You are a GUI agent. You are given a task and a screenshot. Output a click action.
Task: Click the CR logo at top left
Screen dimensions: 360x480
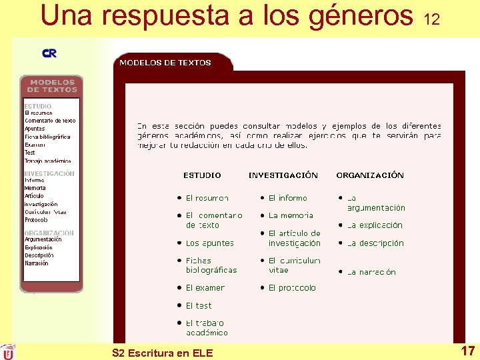[49, 53]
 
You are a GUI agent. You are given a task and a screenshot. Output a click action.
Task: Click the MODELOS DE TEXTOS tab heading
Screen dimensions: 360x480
[165, 63]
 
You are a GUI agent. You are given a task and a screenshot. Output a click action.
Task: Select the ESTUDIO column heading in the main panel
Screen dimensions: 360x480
[202, 175]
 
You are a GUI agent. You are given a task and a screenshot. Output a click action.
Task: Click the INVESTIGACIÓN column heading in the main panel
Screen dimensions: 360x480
[283, 175]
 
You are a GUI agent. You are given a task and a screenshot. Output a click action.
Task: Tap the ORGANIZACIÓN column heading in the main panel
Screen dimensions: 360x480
[370, 175]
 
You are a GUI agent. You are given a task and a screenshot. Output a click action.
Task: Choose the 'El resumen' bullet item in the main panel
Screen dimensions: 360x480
[207, 198]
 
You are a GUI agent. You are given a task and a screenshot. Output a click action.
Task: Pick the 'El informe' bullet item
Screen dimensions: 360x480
[287, 198]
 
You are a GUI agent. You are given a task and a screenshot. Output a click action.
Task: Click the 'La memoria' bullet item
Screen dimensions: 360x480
[291, 215]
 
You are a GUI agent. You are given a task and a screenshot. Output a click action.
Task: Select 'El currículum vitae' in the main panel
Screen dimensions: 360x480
[294, 265]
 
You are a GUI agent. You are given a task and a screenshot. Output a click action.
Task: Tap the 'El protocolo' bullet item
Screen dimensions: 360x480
[292, 288]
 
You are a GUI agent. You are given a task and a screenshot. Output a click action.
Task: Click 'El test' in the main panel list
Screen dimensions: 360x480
[199, 305]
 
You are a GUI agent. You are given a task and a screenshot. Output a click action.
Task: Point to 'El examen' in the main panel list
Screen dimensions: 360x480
[205, 288]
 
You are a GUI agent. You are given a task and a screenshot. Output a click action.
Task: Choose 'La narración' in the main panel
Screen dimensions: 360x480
[371, 272]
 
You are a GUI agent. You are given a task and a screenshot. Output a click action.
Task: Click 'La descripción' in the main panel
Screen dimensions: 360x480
[375, 243]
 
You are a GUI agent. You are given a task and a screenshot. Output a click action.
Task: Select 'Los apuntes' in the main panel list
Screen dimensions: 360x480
[209, 243]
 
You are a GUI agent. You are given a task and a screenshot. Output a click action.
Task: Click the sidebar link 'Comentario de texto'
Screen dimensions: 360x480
[50, 121]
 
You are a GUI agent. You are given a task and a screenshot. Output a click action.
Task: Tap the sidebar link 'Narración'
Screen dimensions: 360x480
[37, 263]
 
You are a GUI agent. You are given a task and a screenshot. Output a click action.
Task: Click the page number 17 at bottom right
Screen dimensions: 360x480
[467, 351]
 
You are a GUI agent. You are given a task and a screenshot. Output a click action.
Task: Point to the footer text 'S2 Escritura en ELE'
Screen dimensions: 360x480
[163, 353]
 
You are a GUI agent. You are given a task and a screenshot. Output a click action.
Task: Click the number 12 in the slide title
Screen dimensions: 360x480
[431, 20]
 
